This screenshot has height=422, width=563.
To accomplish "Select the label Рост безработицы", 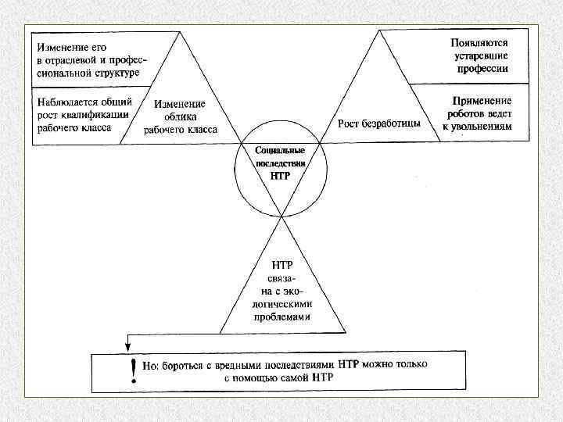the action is [x=379, y=123].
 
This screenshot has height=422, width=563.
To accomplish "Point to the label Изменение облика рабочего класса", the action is [x=181, y=116].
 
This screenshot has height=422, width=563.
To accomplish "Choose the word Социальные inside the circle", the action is [x=280, y=150].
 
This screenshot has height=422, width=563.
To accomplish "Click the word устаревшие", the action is [x=479, y=56].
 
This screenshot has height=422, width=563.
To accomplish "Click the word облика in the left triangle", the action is [x=180, y=116].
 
